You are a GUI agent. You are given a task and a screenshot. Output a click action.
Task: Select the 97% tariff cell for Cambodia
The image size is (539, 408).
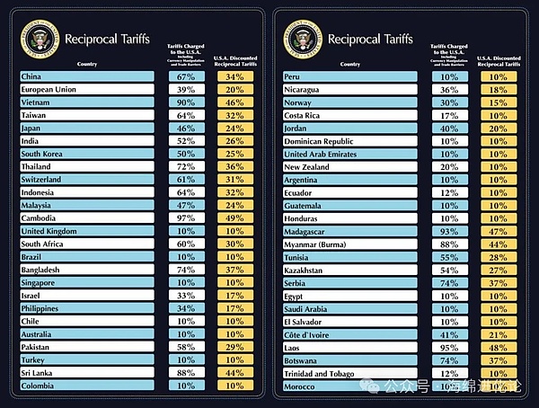coord(186,218)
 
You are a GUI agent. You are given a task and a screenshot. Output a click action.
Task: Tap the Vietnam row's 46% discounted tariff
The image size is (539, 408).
coord(234,102)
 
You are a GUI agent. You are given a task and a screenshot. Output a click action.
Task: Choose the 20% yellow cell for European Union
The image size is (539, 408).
coord(234,90)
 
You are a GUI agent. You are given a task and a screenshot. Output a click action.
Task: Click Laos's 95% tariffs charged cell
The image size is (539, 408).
coord(449,347)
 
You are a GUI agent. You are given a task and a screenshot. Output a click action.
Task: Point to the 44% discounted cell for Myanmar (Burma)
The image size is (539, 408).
coord(499,244)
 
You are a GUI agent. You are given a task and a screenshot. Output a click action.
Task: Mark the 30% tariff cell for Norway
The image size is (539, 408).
coord(449,102)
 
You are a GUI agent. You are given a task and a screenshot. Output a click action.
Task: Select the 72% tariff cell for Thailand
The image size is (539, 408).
coord(186,167)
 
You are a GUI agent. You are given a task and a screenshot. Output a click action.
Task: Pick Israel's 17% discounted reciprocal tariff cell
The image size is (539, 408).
coord(234,296)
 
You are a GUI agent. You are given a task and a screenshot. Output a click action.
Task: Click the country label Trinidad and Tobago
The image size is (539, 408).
coord(323,373)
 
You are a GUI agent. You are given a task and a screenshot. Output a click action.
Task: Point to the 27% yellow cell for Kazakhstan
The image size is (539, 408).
coord(499,270)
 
